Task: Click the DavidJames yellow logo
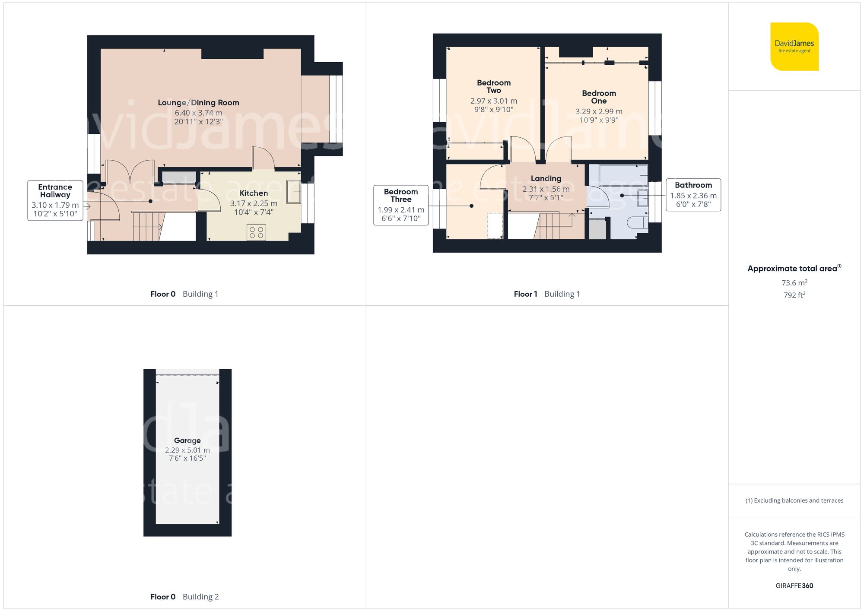[x=794, y=47]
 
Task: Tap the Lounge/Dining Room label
[x=198, y=103]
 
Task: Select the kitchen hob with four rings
[x=256, y=232]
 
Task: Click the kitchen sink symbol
[x=294, y=192]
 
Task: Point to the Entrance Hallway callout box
[x=55, y=200]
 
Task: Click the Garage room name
[x=187, y=440]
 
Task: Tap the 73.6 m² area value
[x=794, y=283]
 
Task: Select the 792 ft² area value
[x=794, y=295]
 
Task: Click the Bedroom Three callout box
[x=400, y=205]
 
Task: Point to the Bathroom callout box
[x=693, y=195]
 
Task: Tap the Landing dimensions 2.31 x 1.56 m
[x=546, y=189]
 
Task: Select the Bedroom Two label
[x=493, y=86]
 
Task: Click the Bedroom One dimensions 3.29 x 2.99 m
[x=598, y=111]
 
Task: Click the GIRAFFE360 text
[x=794, y=586]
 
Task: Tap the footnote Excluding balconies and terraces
[x=794, y=500]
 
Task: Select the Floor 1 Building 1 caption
[x=546, y=294]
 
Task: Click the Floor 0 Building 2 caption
[x=184, y=597]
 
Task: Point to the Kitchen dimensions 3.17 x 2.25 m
[x=254, y=203]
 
